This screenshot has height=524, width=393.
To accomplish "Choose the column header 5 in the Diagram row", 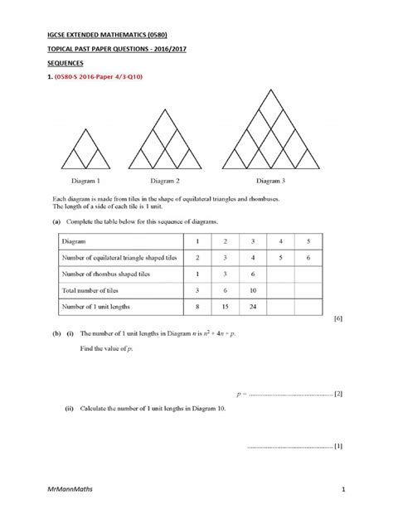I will coord(308,241).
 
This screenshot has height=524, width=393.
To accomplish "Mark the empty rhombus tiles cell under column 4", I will coord(282,274).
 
